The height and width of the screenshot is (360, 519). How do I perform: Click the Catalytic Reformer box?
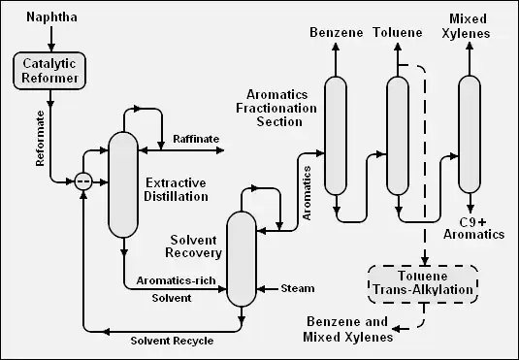click(49, 71)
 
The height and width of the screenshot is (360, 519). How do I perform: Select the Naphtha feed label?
click(51, 17)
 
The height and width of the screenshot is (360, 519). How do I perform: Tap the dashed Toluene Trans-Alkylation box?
click(423, 283)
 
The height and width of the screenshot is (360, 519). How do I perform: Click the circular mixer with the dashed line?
click(83, 181)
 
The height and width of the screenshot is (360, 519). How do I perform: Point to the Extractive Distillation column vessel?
click(123, 184)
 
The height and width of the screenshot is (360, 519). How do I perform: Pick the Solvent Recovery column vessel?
click(242, 259)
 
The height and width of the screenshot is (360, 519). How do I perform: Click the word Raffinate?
click(196, 139)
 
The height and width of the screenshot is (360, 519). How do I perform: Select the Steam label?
click(298, 288)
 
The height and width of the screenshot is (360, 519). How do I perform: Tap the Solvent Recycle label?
click(172, 341)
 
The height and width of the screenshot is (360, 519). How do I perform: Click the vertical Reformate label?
click(40, 139)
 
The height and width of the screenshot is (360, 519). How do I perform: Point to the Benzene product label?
click(337, 32)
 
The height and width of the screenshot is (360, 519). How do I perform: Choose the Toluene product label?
click(398, 32)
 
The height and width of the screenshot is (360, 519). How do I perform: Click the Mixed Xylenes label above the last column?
click(466, 26)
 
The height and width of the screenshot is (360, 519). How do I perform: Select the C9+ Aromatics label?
click(473, 228)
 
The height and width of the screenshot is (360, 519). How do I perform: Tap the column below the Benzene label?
click(336, 136)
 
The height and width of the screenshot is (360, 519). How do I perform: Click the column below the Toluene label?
click(398, 136)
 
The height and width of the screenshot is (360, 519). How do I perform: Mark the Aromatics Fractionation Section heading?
click(276, 108)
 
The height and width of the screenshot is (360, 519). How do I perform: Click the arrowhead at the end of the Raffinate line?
click(220, 150)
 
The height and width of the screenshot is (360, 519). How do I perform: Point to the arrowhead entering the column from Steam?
click(261, 289)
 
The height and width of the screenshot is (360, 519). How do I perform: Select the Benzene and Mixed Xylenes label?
click(347, 329)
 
